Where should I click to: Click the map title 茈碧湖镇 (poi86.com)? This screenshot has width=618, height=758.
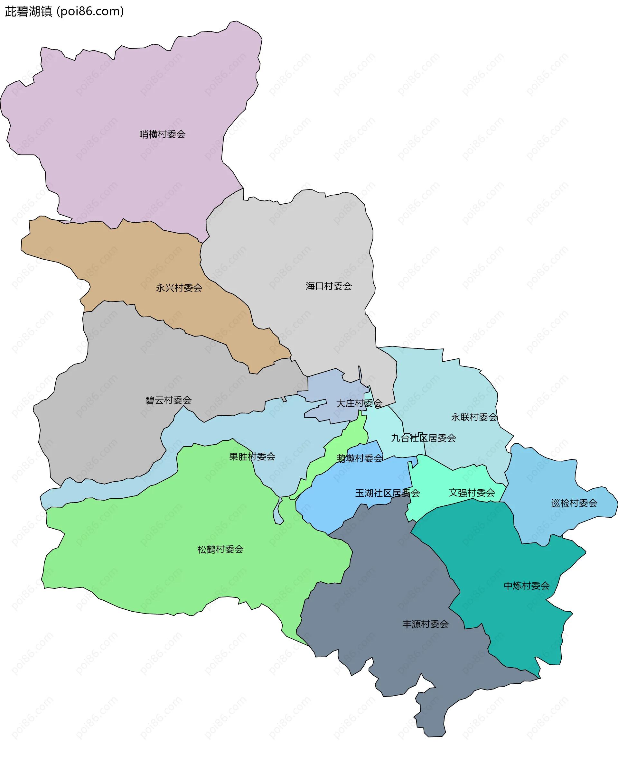click(x=64, y=11)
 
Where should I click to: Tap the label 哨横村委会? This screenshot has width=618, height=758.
click(x=162, y=134)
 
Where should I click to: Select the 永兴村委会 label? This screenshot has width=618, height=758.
click(x=179, y=288)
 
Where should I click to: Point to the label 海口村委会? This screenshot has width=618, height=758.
click(x=329, y=286)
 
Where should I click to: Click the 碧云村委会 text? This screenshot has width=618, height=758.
click(x=168, y=400)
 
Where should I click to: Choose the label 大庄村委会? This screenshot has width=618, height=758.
click(x=359, y=403)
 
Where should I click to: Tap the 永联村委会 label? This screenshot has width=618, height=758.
click(x=474, y=417)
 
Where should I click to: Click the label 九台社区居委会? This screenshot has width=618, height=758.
click(x=423, y=438)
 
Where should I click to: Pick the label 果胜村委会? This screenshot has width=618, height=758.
click(x=252, y=457)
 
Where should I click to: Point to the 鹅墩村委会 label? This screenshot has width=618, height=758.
click(x=360, y=458)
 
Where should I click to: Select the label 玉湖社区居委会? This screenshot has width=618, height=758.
click(x=387, y=493)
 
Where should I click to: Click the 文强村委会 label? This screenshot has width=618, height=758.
click(x=472, y=493)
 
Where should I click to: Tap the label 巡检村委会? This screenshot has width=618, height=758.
click(x=574, y=503)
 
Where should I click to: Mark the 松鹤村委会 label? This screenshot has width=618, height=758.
click(x=220, y=550)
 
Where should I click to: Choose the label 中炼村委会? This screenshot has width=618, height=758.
click(x=527, y=586)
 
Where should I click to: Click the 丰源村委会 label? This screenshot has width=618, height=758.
click(x=426, y=624)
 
